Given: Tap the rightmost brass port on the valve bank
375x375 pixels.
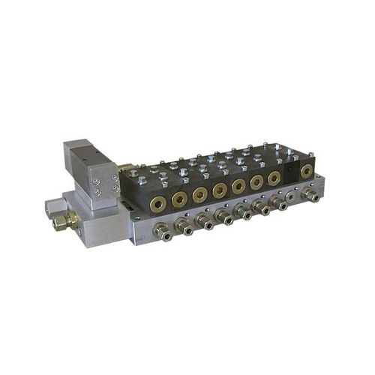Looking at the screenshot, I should pos(306,171).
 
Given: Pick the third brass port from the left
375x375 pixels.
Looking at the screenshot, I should pos(199,193).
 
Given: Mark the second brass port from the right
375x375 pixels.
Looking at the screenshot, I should pos(274,178).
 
